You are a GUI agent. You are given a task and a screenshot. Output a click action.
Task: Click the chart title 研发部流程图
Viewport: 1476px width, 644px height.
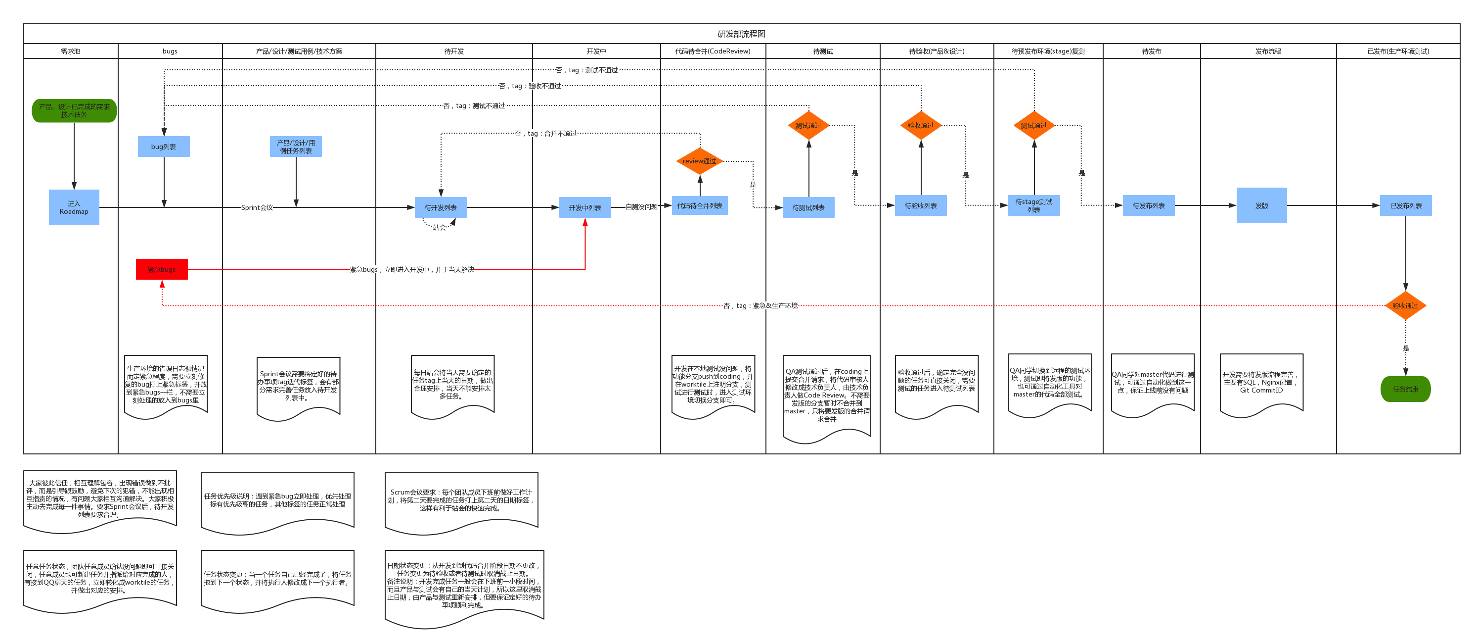point(741,34)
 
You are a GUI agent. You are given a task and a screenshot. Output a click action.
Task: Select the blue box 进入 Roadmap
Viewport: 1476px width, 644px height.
point(74,207)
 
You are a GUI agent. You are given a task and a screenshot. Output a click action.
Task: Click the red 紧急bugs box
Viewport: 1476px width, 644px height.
point(162,269)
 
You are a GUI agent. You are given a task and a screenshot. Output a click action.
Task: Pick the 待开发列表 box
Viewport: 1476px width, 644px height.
point(440,207)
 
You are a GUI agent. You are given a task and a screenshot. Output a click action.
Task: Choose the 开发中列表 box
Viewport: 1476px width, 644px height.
point(584,207)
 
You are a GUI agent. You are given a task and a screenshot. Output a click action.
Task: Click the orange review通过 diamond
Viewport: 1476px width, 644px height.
point(699,161)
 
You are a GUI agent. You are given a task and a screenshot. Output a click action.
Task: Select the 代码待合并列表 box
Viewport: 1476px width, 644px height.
point(699,205)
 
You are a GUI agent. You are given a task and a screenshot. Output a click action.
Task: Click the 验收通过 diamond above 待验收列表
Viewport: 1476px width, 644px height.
point(920,125)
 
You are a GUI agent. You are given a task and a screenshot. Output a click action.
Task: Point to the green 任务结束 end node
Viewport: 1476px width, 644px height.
point(1405,389)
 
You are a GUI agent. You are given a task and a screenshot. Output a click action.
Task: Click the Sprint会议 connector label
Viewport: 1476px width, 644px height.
point(257,207)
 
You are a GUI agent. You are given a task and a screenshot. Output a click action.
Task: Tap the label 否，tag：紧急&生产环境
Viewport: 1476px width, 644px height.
point(760,305)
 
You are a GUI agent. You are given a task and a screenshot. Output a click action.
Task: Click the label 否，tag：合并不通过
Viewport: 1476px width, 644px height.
point(545,133)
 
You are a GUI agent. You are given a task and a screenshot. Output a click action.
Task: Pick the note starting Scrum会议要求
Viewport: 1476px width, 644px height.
point(461,499)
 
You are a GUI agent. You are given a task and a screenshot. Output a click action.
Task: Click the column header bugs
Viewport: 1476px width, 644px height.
point(170,51)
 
